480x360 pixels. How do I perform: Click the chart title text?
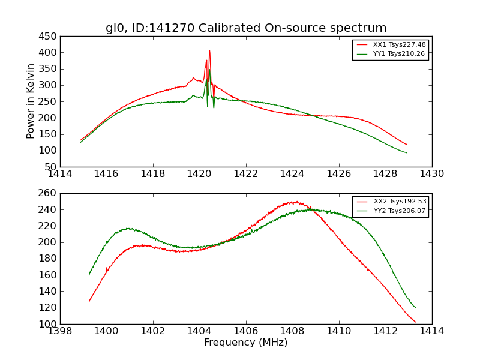246,28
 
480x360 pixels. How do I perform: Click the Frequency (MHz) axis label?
245,343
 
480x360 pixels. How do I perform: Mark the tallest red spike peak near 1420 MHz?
209,50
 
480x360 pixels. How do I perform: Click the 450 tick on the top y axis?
49,36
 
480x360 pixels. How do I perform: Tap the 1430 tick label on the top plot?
431,174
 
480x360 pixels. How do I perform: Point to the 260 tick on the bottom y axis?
49,193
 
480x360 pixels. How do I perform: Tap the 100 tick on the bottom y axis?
49,324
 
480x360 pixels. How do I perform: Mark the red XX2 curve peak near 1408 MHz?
295,202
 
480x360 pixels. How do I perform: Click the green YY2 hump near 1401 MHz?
128,228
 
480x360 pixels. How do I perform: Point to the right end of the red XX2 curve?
415,322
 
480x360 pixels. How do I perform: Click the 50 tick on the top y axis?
52,167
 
